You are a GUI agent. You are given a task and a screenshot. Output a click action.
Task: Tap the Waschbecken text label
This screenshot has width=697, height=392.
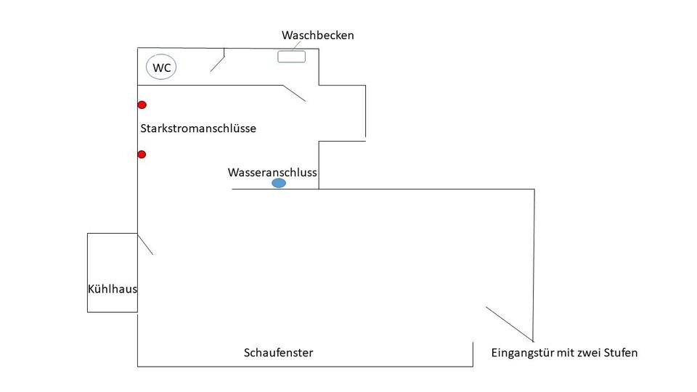point(318,35)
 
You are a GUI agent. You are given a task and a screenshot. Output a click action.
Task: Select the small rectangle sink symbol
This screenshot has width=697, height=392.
point(291,57)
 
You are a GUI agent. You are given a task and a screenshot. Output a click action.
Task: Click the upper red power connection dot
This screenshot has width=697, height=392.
point(142,105)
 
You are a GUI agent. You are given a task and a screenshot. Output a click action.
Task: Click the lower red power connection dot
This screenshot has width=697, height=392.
point(142,155)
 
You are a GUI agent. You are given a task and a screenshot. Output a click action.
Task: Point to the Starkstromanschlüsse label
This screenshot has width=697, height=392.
point(198,128)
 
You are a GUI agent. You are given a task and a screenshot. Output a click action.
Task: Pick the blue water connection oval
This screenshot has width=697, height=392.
point(279,184)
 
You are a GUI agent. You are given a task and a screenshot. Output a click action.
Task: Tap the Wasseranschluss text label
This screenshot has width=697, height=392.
point(272,173)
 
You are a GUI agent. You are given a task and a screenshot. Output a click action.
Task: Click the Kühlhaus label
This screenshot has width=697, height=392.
point(113,289)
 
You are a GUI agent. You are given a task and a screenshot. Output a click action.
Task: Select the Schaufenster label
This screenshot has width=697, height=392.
point(278,353)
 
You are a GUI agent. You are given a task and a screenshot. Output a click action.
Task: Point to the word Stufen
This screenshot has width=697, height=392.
point(620,354)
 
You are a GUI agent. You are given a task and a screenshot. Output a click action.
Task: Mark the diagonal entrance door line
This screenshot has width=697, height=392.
point(510,324)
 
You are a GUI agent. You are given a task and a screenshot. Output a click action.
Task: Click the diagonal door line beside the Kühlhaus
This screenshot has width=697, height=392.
point(145,244)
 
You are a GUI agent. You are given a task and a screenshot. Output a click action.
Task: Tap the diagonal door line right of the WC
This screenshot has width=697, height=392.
point(217,63)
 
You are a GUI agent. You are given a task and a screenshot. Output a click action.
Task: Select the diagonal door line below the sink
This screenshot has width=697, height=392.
point(294,93)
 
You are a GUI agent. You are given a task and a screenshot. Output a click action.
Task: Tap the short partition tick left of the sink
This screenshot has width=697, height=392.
point(224,52)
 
